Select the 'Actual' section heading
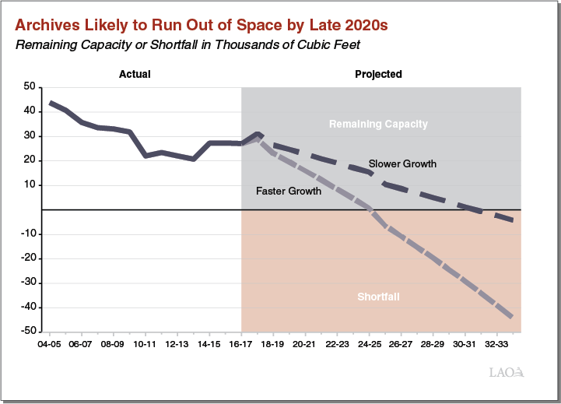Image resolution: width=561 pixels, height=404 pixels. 135,75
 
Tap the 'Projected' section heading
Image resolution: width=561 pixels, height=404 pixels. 378,75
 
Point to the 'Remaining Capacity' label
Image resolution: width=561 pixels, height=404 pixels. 378,124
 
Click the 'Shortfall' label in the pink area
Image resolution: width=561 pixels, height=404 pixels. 378,297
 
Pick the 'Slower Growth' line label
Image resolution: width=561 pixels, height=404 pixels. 402,164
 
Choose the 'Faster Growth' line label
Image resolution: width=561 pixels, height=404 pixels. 289,191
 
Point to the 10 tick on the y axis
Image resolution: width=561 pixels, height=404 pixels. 30,185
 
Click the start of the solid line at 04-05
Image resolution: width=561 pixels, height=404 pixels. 50,103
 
